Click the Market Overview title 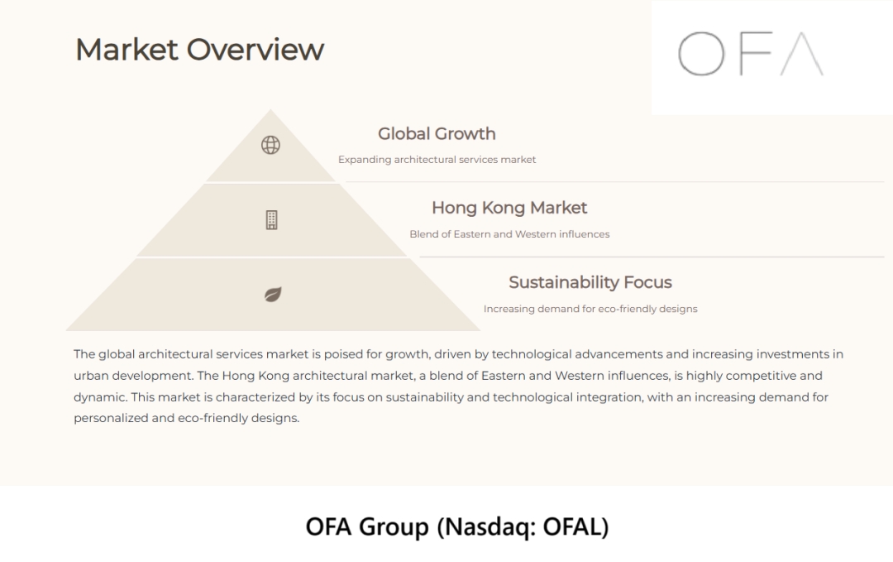tap(200, 50)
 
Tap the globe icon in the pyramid tap(270, 145)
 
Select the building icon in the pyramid tap(272, 220)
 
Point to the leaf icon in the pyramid tap(273, 294)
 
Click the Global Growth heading tap(437, 134)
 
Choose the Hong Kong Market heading tap(509, 208)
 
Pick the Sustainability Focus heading tap(590, 282)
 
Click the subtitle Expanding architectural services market tap(437, 160)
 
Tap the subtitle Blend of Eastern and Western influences tap(509, 234)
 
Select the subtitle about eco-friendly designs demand tap(590, 309)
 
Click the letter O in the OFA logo tap(701, 54)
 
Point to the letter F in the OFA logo tap(756, 54)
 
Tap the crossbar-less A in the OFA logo tap(802, 54)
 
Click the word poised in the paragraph tap(343, 354)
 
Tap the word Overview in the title tap(255, 50)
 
